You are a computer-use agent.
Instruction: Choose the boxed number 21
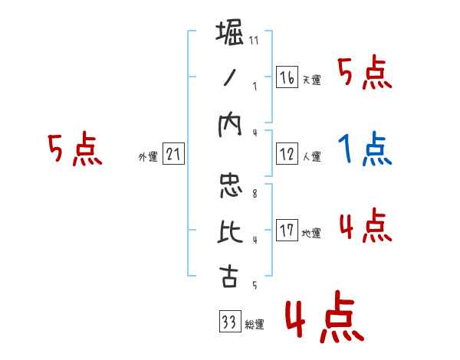(x=173, y=154)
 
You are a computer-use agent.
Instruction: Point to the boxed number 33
(x=228, y=322)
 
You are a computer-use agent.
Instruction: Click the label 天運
(x=311, y=79)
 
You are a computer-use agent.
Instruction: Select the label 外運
(x=148, y=157)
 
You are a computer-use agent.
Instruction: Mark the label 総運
(x=254, y=325)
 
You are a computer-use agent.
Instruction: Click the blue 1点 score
(x=365, y=150)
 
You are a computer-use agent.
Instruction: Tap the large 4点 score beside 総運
(x=323, y=319)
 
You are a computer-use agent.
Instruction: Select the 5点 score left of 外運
(x=74, y=150)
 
